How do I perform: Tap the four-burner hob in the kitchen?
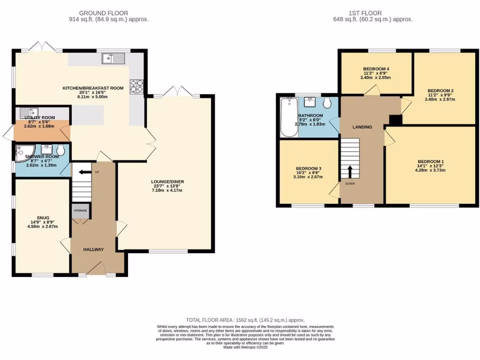(136, 86)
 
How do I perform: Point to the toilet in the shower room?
(60, 151)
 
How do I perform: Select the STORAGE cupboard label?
(80, 210)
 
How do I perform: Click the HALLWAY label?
(94, 249)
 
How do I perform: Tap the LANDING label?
(362, 127)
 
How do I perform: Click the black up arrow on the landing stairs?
(350, 172)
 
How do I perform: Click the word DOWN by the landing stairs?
(350, 184)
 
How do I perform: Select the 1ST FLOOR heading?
(365, 13)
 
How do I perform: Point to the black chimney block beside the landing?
(395, 120)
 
